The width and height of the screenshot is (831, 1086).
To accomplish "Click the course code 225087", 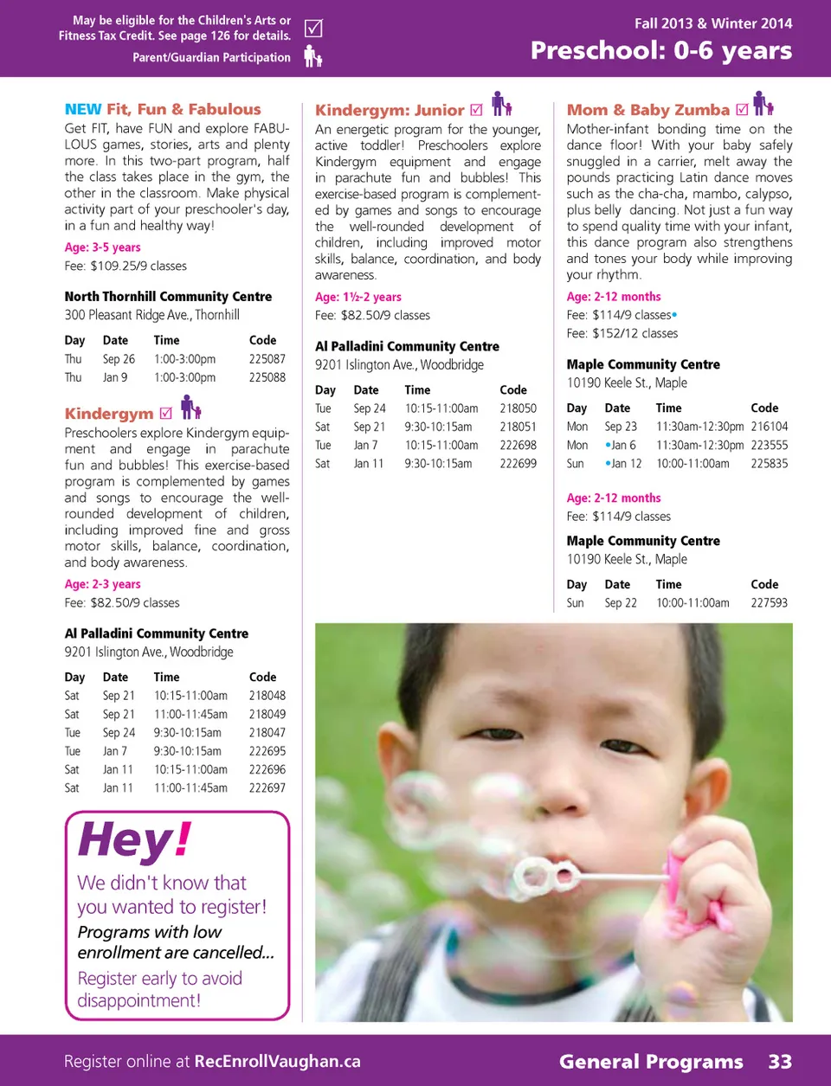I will click(267, 359).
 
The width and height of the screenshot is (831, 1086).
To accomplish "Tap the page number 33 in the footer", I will click(780, 1062).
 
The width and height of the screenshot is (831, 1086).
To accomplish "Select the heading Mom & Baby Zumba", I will click(647, 110).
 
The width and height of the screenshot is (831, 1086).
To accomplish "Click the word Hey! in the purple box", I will click(134, 839).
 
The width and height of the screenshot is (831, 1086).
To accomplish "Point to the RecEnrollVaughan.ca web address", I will click(277, 1062).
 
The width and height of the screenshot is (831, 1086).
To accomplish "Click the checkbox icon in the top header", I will click(313, 29).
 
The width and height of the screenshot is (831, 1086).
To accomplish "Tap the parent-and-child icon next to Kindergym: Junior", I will click(501, 105).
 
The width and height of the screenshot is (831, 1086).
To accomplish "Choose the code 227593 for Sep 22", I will click(769, 603).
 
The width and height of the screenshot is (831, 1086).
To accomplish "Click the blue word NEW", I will click(83, 110).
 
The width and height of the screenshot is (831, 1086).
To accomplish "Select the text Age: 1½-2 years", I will click(358, 297).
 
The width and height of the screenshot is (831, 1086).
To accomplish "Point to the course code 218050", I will click(518, 408).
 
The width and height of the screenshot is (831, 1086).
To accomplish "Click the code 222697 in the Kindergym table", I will click(267, 788).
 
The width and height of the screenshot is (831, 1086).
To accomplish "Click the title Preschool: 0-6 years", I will click(660, 51).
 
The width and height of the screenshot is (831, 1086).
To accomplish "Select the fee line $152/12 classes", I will click(622, 334).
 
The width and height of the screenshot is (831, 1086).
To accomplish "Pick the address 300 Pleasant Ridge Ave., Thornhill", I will click(152, 315).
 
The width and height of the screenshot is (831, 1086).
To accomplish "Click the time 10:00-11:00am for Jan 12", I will click(692, 464).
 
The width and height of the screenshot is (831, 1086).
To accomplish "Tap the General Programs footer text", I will click(651, 1062).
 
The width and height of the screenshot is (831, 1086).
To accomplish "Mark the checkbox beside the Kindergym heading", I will click(166, 413).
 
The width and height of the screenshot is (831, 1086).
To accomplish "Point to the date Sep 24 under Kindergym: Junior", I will click(370, 408).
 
